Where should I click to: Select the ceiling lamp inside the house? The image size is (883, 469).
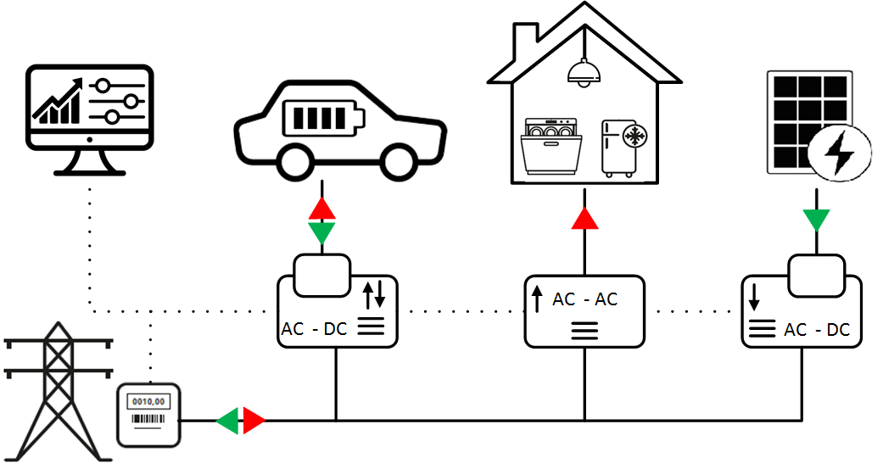point(584,73)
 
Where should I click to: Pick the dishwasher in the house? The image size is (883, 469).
point(551,145)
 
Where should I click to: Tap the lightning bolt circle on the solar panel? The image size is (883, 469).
point(840,153)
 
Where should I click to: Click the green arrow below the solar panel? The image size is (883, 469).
point(817,220)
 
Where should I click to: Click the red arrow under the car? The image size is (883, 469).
point(321,209)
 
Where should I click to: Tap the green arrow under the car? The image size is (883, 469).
point(321,233)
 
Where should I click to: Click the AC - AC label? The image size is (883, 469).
point(585,299)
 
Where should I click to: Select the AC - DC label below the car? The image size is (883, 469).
point(313,329)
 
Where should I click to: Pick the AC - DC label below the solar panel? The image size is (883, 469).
point(818,330)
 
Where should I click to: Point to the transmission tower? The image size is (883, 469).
point(57,391)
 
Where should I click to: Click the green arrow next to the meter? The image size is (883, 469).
point(227,420)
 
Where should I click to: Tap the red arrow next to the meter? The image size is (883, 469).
point(254,420)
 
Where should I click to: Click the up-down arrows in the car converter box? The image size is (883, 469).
point(374,295)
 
